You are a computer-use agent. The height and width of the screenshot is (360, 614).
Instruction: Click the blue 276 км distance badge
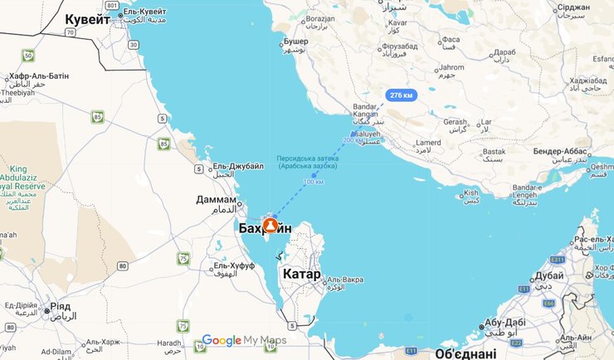coord(401,95)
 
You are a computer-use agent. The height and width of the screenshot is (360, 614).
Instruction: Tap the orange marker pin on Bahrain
coord(270,225)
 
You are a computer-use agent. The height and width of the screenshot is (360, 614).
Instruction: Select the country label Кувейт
coord(88,19)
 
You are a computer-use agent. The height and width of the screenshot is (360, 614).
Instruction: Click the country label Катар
coord(301,274)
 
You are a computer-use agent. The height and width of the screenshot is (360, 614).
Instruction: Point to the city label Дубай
coord(549,275)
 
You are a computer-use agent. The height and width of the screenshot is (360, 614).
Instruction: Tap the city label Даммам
coord(217,199)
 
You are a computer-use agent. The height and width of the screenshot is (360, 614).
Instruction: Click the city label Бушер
coord(295,41)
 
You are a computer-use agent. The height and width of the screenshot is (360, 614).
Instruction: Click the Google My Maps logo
coord(244,340)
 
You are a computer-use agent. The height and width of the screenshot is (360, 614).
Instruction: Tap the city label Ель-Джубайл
coord(238,166)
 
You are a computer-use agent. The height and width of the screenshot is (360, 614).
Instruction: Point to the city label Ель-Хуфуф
coord(234,265)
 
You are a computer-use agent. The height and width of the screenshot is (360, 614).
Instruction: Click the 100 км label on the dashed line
coord(313,182)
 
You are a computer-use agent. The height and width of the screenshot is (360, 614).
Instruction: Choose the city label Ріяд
coord(61,305)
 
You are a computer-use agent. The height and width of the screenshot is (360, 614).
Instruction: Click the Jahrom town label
coord(452,67)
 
